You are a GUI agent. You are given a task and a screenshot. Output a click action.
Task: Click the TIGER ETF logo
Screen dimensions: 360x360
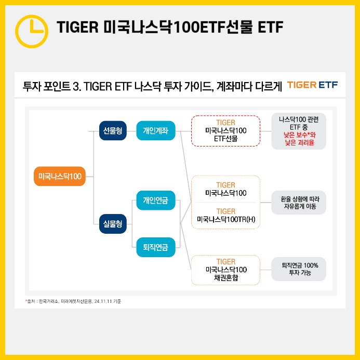coord(312,85)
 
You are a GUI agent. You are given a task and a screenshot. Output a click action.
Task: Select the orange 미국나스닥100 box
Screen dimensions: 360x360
coord(60,177)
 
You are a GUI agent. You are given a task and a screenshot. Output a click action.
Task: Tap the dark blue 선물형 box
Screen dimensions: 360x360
coord(113,131)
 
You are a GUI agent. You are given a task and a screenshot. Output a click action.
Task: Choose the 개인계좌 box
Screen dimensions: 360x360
coord(155,131)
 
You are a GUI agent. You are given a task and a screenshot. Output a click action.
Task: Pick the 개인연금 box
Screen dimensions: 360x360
coord(155,200)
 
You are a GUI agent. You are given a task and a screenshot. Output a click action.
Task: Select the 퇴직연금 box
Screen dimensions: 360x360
coord(155,247)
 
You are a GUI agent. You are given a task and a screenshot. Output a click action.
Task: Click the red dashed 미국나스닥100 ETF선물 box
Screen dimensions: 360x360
coord(225,131)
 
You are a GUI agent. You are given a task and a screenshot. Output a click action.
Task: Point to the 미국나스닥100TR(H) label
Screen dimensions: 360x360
coord(225,219)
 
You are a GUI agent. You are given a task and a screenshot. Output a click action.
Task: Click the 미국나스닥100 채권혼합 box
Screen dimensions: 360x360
coord(225,270)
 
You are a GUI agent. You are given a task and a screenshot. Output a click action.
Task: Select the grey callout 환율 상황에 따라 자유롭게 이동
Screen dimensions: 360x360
coord(299,202)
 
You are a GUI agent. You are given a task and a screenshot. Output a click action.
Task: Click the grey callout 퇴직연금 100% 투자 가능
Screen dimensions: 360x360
coord(299,269)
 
